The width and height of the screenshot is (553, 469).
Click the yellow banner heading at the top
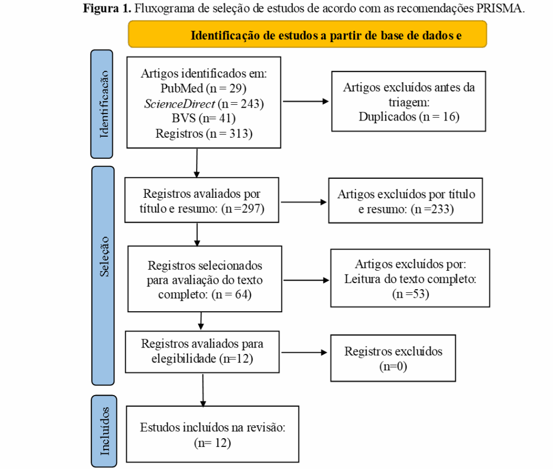[x=307, y=34]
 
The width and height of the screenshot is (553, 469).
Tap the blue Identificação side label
[x=102, y=104]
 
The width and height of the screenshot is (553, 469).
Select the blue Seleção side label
[x=103, y=276]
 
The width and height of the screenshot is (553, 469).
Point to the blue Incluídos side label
[x=104, y=431]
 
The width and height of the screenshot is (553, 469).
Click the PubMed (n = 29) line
[x=204, y=88]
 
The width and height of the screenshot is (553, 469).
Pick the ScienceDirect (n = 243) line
[x=204, y=103]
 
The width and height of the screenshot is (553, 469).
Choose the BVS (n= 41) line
[x=204, y=118]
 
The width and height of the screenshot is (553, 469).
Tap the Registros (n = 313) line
[x=204, y=133]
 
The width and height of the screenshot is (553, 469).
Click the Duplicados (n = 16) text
[x=409, y=117]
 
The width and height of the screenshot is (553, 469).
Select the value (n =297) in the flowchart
[x=242, y=209]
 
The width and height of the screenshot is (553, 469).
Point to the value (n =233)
[x=432, y=209]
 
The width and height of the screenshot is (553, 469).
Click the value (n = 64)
[x=231, y=294]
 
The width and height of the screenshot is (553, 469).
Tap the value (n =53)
[x=410, y=294]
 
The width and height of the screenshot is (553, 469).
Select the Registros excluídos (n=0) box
[x=393, y=358]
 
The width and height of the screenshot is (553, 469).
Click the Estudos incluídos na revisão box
[x=212, y=434]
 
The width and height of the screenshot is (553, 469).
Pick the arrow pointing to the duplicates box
[x=306, y=101]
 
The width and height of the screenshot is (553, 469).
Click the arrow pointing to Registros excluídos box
[x=304, y=352]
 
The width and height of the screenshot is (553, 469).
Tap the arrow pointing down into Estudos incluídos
[x=203, y=390]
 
